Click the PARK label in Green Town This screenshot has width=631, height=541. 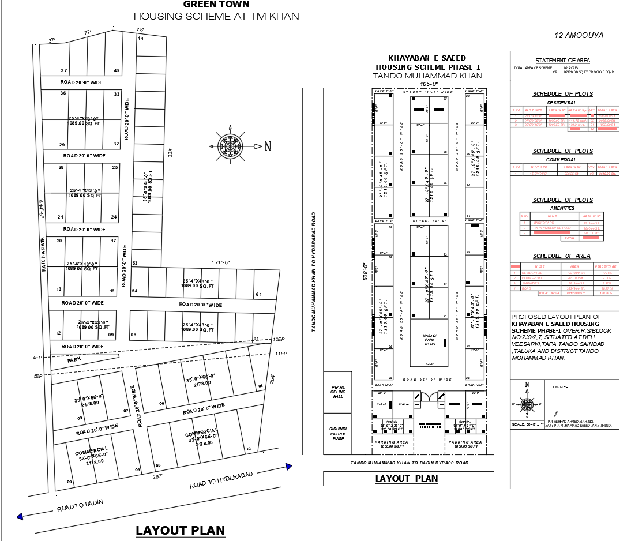pos(74,360)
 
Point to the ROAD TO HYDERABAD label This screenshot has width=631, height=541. pos(221,480)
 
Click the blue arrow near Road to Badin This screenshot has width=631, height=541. pos(21,517)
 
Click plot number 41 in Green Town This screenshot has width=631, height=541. pos(140,39)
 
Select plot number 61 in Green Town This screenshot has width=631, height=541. pos(259,295)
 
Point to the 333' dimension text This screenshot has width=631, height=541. pos(170,152)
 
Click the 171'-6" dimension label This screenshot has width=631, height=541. pos(220,263)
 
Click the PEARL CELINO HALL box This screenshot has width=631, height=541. pos(337,392)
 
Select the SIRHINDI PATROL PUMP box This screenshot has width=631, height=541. pos(337,433)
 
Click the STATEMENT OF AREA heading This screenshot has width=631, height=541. pos(562,61)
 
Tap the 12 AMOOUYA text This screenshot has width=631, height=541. pos(579,36)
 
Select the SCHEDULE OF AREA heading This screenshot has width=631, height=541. pos(561,256)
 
